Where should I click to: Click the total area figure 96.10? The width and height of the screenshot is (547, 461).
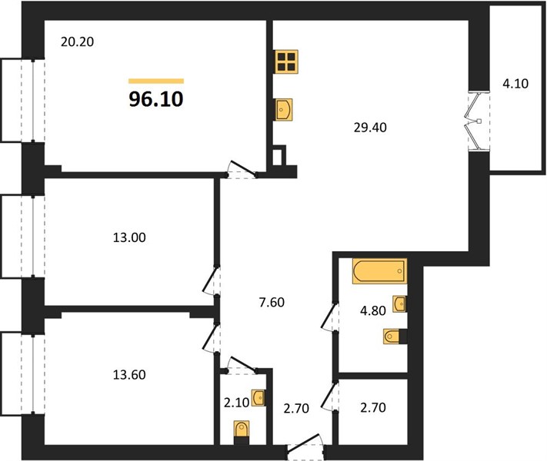[x=156, y=99]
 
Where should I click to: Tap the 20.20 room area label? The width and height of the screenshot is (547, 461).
[x=77, y=41]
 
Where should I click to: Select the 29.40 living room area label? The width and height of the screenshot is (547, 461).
[x=370, y=128]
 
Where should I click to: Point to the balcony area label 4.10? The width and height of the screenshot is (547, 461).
[x=515, y=84]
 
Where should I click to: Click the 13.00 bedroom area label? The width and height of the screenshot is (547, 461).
[x=129, y=237]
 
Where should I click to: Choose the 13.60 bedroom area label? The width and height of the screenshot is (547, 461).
[x=129, y=375]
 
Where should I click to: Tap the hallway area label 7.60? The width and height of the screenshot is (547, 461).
[x=272, y=302]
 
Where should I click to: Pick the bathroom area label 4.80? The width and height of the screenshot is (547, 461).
[x=373, y=310]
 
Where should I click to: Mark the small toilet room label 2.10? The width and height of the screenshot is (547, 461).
[x=237, y=403]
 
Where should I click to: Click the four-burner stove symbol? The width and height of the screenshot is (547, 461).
[x=286, y=61]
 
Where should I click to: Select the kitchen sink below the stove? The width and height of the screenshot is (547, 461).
[x=283, y=110]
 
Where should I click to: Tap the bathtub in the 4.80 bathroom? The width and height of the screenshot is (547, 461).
[x=379, y=271]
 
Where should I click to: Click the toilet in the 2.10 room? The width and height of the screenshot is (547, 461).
[x=242, y=432]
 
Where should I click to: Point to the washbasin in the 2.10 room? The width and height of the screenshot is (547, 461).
[x=258, y=398]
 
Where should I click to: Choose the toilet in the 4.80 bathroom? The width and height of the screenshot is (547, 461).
[x=395, y=337]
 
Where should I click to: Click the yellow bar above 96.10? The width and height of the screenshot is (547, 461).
[x=156, y=81]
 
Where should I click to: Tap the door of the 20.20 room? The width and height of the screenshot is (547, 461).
[x=242, y=170]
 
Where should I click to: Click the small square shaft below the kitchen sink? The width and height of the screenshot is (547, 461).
[x=279, y=156]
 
